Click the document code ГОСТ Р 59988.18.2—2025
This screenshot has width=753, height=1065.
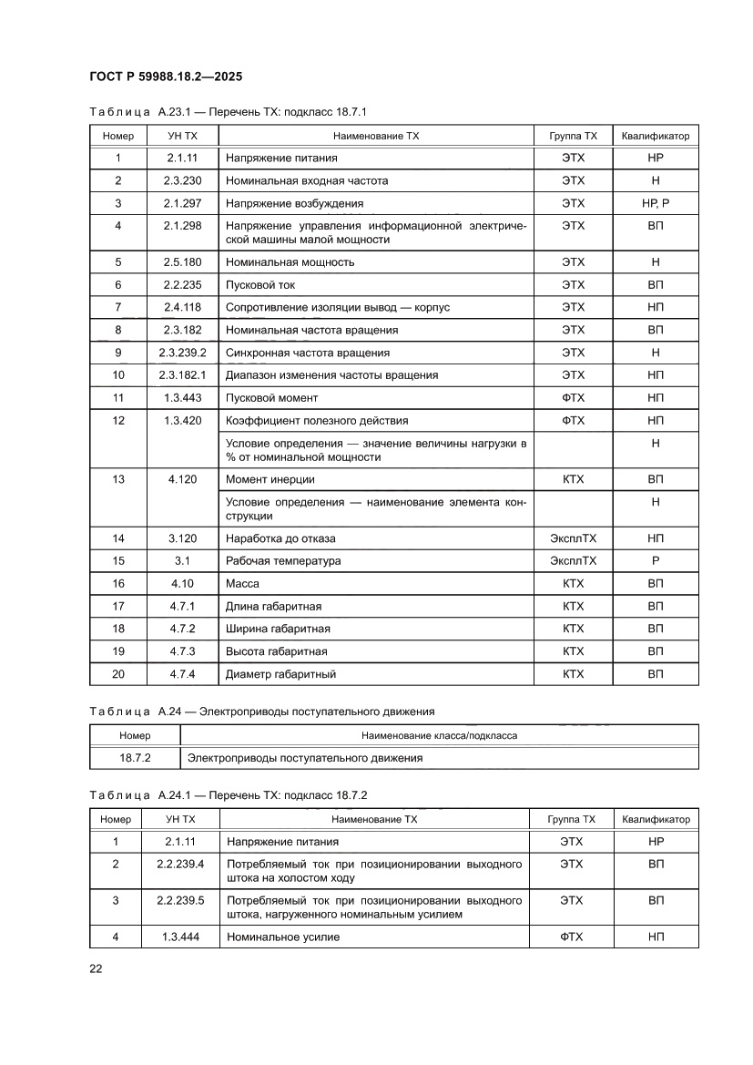click(165, 77)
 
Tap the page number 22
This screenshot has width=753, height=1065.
click(96, 968)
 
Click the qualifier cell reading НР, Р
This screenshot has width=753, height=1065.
click(655, 203)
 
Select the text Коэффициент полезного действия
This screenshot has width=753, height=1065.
click(316, 421)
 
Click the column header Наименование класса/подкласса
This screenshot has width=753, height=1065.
click(439, 735)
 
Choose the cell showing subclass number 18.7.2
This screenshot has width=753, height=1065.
click(135, 757)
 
